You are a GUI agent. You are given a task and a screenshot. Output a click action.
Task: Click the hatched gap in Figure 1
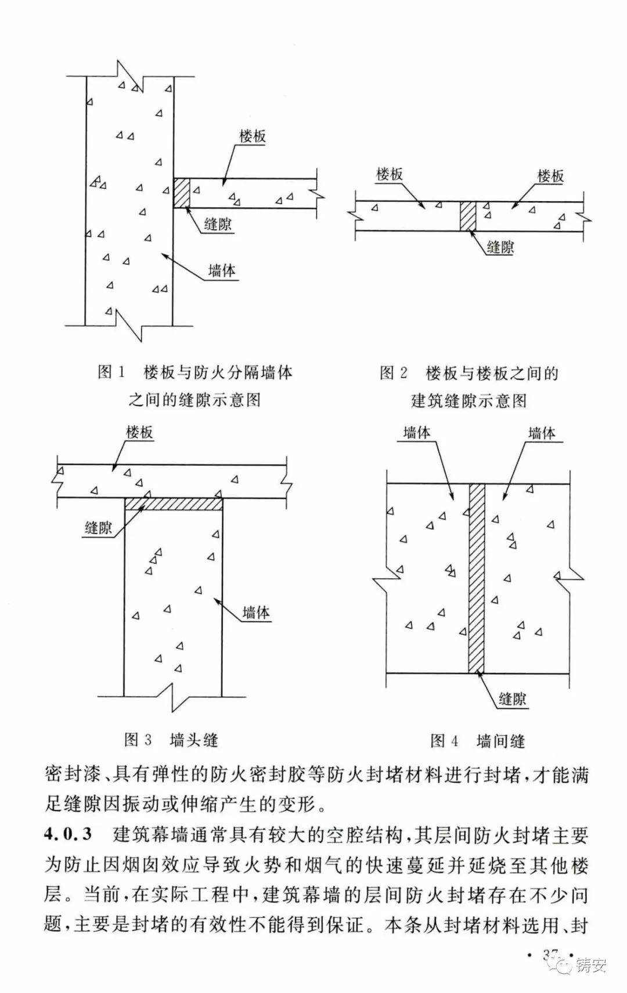[x=182, y=193]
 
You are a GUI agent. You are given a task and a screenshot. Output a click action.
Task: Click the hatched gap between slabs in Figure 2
[x=467, y=216]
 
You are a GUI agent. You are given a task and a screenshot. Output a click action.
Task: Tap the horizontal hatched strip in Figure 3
[x=174, y=504]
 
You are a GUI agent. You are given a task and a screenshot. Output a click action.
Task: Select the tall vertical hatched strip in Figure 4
[x=477, y=578]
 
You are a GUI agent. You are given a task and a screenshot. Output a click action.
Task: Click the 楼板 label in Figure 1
[x=253, y=137]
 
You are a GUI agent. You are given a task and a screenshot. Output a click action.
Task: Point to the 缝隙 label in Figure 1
[x=218, y=224]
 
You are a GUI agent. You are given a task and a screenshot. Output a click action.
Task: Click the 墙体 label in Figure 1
[x=222, y=271]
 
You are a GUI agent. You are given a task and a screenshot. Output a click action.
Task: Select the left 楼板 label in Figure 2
[x=389, y=174]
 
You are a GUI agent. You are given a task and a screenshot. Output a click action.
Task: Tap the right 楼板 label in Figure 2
[x=550, y=176]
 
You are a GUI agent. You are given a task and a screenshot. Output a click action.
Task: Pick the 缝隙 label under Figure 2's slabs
[x=500, y=248]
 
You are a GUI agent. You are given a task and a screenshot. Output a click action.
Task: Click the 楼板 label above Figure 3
[x=139, y=433]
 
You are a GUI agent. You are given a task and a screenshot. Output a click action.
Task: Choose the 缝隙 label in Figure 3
[x=98, y=528]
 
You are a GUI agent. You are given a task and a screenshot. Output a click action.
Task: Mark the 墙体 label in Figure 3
[x=256, y=612]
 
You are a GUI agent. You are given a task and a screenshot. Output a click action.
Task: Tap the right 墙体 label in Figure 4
[x=542, y=433]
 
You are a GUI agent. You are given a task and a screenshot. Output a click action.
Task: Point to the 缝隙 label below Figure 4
[x=512, y=699]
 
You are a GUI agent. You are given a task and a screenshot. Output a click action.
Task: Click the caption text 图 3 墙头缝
[x=171, y=740]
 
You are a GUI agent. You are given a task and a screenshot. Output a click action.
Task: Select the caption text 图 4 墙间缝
[x=477, y=741]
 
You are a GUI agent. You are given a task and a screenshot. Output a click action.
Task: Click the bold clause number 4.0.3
[x=69, y=835]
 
